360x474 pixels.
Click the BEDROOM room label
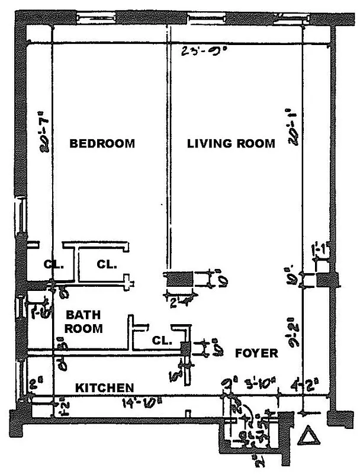102,143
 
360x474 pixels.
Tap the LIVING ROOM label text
231,143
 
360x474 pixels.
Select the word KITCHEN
104,387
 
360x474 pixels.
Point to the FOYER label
256,353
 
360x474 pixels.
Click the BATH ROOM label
83,321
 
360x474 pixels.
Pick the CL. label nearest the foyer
162,341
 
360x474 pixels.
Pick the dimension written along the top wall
192,51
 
